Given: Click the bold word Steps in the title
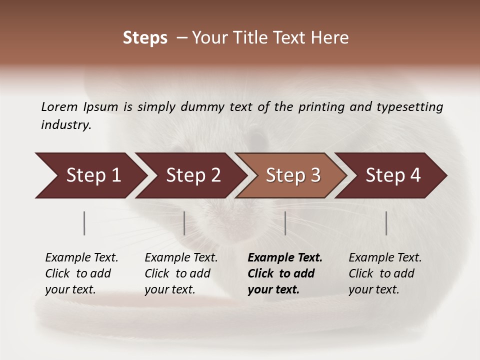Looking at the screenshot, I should (x=145, y=38).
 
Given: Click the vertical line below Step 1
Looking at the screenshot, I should (x=84, y=223).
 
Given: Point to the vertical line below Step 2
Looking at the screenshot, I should (x=184, y=223).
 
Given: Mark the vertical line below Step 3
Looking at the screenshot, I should (x=285, y=223).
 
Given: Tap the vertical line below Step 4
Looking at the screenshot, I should (x=386, y=223).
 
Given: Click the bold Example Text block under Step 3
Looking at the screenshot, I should (x=285, y=273).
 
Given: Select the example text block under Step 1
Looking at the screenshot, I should (x=81, y=273).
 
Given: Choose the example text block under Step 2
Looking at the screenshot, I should (x=181, y=273).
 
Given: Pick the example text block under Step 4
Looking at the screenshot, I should (x=385, y=273).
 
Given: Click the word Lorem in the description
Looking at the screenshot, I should (x=59, y=106).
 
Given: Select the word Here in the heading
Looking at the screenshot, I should (x=332, y=38).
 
